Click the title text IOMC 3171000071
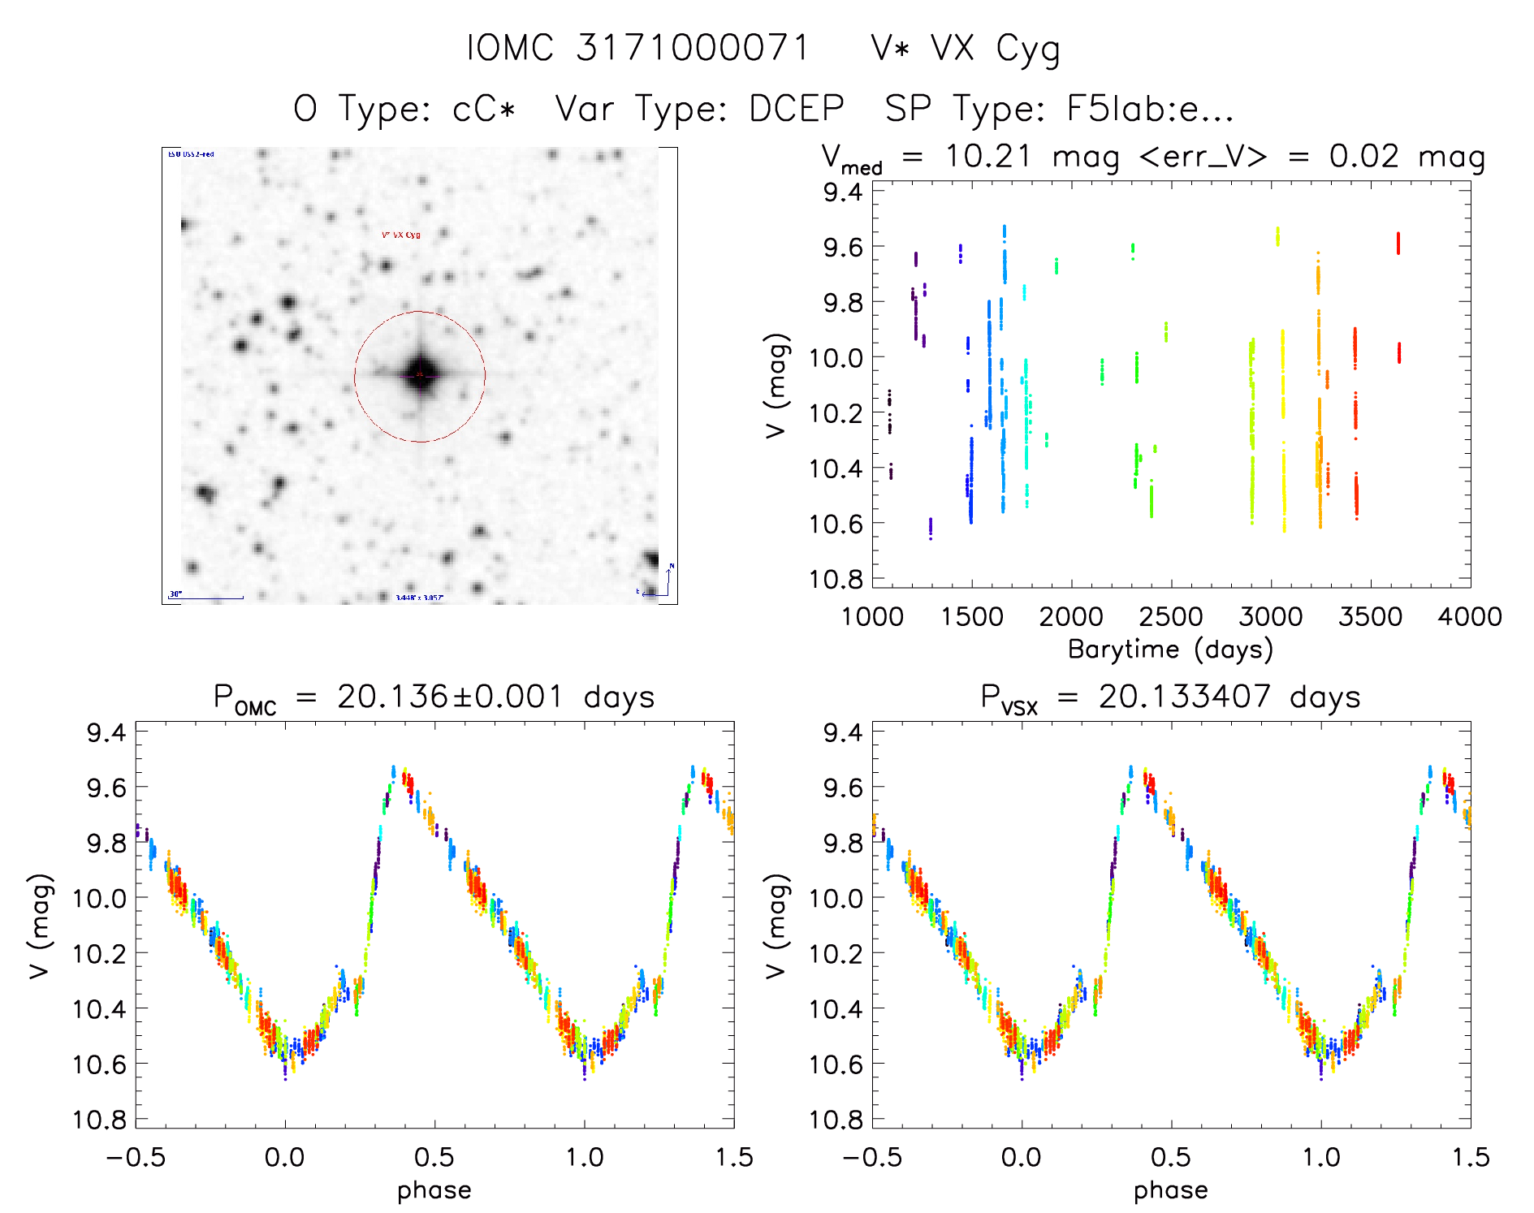pyautogui.click(x=638, y=48)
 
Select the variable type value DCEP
pyautogui.click(x=796, y=108)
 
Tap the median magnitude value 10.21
pyautogui.click(x=987, y=156)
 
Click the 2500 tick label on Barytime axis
pyautogui.click(x=1170, y=616)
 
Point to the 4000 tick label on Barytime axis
pyautogui.click(x=1469, y=616)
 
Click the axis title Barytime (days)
pyautogui.click(x=1170, y=650)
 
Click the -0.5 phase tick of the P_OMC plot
pyautogui.click(x=136, y=1157)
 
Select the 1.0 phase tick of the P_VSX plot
pyautogui.click(x=1320, y=1157)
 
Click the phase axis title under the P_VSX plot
pyautogui.click(x=1170, y=1190)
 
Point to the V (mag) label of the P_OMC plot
pyautogui.click(x=41, y=926)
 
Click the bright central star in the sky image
pyautogui.click(x=420, y=374)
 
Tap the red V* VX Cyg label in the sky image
pyautogui.click(x=401, y=235)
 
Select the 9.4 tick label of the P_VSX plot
pyautogui.click(x=843, y=732)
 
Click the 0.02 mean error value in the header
pyautogui.click(x=1364, y=156)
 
